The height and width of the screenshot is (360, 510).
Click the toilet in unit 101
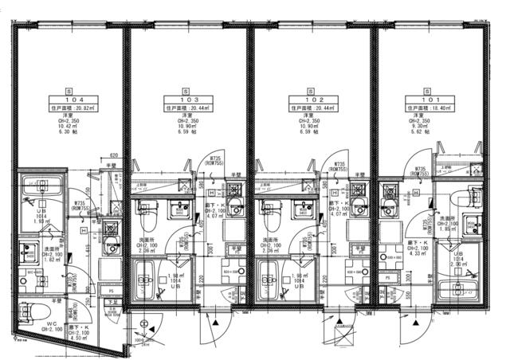point(465,197)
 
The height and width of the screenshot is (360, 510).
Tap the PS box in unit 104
point(112,292)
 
